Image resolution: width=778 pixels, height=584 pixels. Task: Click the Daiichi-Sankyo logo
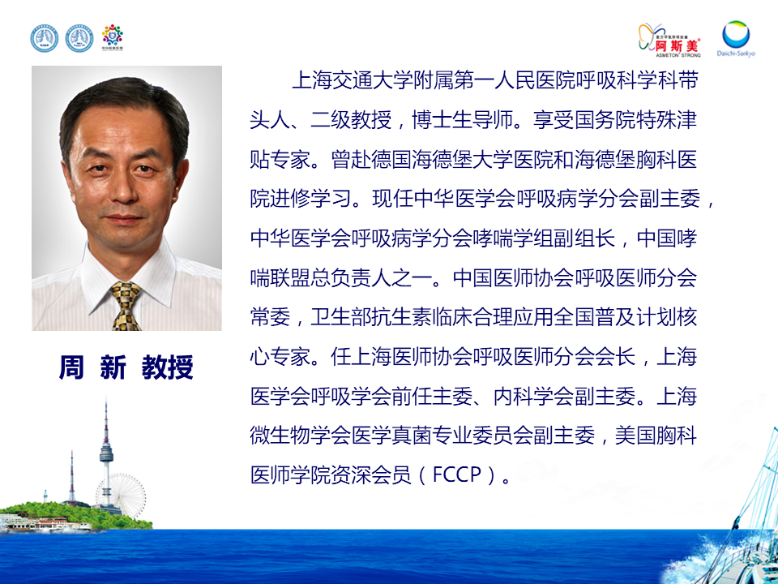pos(736,38)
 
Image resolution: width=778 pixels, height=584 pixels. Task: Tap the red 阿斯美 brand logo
pos(669,40)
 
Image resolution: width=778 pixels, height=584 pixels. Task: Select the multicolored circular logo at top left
pos(112,37)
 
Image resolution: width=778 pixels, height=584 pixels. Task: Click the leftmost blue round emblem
pos(44,39)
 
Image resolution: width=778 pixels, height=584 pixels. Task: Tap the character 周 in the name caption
pos(71,367)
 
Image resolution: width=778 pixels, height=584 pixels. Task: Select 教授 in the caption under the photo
pos(167,367)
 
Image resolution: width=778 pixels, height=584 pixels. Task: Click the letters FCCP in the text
pos(457,474)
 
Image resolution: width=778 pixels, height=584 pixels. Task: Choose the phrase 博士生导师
pos(463,120)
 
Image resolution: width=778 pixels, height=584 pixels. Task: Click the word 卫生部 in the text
pos(341,317)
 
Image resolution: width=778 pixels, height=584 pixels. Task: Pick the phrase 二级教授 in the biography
pos(351,120)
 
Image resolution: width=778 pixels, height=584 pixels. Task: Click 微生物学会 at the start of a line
pos(300,436)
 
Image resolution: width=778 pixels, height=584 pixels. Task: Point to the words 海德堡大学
pos(463,160)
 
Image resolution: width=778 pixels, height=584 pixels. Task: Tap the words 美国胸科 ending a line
pos(656,436)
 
